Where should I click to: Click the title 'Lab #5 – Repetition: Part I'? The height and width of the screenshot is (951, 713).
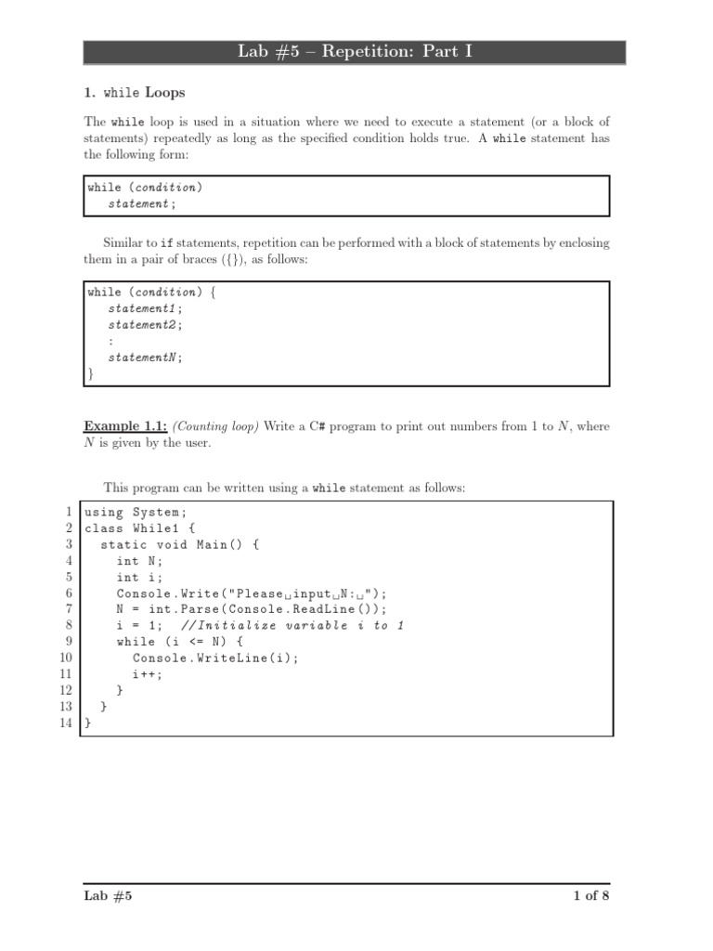(x=356, y=52)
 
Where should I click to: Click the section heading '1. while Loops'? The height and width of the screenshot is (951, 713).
(x=135, y=93)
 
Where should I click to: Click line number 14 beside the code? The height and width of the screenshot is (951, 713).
(x=66, y=723)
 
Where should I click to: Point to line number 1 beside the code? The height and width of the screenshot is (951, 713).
(x=69, y=512)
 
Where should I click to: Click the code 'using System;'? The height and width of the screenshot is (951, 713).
(x=136, y=512)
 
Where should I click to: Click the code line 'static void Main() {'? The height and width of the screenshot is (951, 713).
(x=180, y=544)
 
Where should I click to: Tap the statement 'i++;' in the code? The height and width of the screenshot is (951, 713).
(x=147, y=674)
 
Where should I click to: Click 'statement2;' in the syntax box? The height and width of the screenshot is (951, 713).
(x=146, y=324)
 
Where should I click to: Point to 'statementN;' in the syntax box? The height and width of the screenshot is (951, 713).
(x=146, y=357)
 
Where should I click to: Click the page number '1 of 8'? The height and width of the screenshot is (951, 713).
(x=591, y=896)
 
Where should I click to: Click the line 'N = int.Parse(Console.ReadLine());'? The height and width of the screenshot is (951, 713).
(x=251, y=609)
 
